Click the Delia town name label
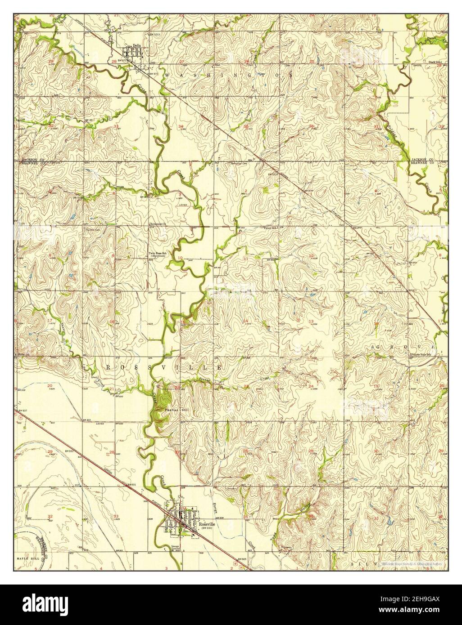click(136, 45)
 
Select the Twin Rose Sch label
click(158, 253)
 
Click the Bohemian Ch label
click(158, 223)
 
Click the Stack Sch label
click(435, 62)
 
